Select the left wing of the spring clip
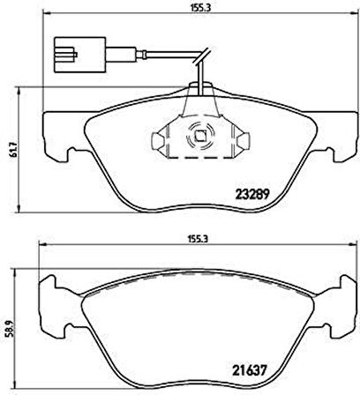pyautogui.click(x=159, y=138)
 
